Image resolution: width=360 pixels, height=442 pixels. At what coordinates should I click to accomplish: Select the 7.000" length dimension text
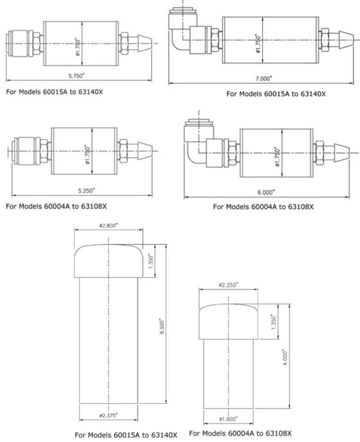(x=264, y=78)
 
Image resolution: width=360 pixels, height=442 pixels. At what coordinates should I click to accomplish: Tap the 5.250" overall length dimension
(x=85, y=190)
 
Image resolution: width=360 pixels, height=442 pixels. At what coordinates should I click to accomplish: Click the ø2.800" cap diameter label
(x=108, y=225)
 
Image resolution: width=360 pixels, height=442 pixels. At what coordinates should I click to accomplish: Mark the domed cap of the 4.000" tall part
(x=229, y=321)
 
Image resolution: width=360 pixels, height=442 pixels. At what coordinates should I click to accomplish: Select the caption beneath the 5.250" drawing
(x=56, y=207)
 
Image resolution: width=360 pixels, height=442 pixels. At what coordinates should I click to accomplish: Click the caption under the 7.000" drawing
(x=276, y=94)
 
